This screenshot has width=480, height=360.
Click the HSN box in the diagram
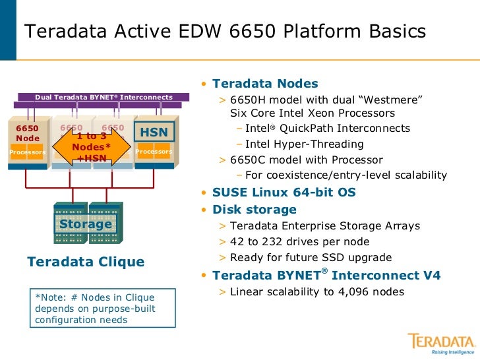[154, 133]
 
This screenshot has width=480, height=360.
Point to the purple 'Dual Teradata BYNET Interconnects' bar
[104, 98]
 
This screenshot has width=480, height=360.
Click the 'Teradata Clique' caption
[86, 262]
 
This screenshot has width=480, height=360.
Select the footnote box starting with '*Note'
[103, 308]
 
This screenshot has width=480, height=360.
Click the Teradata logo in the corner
[441, 344]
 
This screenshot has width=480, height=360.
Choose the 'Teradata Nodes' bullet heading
[265, 84]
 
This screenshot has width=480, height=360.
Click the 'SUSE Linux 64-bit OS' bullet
[284, 193]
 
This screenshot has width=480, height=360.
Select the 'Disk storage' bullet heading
[254, 210]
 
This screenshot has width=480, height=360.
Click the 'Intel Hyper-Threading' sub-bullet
[304, 144]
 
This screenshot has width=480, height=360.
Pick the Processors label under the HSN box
[154, 152]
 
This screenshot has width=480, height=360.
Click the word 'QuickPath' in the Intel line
[313, 128]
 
